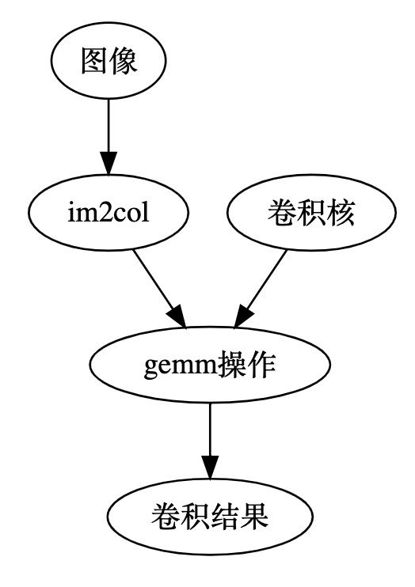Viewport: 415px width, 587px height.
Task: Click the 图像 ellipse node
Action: [x=109, y=63]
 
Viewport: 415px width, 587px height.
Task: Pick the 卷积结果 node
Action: [x=209, y=519]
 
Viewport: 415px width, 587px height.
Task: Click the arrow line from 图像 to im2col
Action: [x=109, y=127]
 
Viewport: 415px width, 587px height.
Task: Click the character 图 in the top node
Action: [x=94, y=63]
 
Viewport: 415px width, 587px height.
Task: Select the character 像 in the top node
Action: [x=123, y=63]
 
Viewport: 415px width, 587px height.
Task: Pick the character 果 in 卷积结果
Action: [x=253, y=519]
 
